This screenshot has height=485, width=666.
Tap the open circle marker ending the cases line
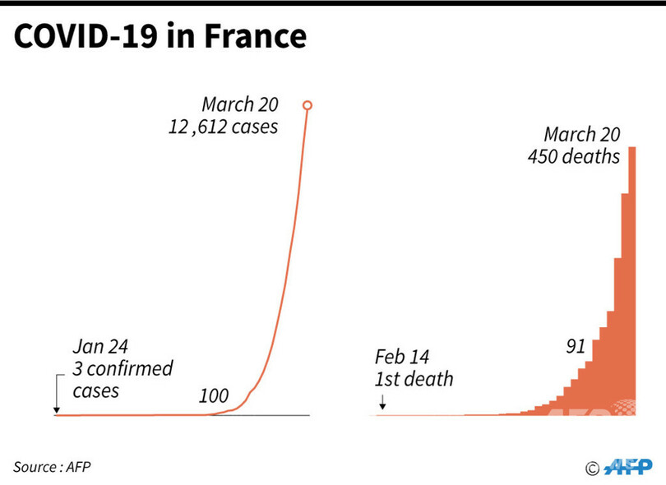pos(307,105)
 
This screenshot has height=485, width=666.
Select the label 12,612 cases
pos(224,127)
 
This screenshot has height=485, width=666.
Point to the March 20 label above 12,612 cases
pos(241,105)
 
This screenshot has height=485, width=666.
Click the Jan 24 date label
pos(101,346)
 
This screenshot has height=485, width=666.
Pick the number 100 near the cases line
pos(213,396)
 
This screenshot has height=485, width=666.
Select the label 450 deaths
pos(574,155)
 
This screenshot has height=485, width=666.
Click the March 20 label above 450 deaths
pos(582,134)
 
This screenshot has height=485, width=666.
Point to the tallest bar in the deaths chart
pos(632,279)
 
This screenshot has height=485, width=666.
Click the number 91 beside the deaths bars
pos(575,346)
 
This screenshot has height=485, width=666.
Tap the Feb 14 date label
pos(402,358)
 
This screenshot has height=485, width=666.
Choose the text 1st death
pos(414,379)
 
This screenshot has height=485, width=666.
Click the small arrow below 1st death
pos(382,401)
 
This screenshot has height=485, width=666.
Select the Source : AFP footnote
pos(52,467)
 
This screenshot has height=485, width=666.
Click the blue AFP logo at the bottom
pos(628,467)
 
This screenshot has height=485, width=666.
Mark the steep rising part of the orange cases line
pos(284,271)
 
